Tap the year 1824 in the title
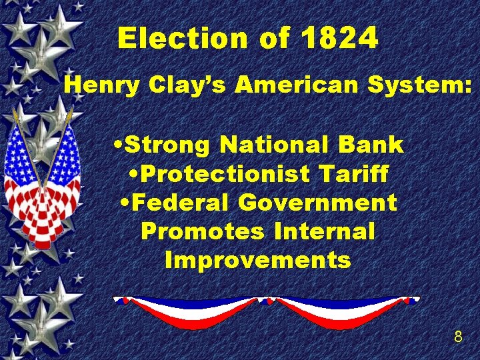pos(340,39)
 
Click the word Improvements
pos(257,260)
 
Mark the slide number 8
pos(457,337)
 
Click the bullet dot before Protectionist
pos(132,175)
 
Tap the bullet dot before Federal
pos(123,203)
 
